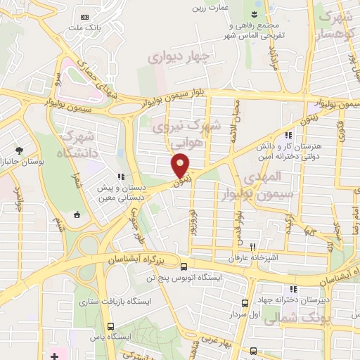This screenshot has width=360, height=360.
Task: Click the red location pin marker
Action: pyautogui.click(x=181, y=165)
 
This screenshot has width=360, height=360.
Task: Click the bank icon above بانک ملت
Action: pyautogui.click(x=86, y=16)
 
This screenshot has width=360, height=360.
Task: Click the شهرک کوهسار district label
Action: pyautogui.click(x=335, y=25)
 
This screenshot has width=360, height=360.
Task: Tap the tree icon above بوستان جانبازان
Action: pyautogui.click(x=19, y=150)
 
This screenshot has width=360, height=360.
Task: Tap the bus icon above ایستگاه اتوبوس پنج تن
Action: pyautogui.click(x=184, y=267)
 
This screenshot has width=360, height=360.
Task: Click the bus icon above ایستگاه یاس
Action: pyautogui.click(x=111, y=326)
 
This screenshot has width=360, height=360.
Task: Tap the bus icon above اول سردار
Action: pyautogui.click(x=245, y=303)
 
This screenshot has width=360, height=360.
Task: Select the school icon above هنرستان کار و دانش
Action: pyautogui.click(x=287, y=136)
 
